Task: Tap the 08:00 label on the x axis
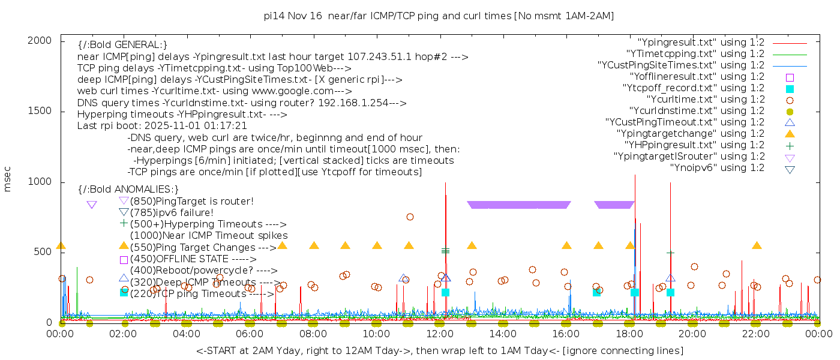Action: (313, 334)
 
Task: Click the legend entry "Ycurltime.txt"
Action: (705, 99)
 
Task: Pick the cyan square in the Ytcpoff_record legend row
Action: (790, 88)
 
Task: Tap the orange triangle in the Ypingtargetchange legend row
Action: (790, 134)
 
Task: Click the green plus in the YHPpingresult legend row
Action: (790, 145)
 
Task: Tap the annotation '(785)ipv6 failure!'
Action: (172, 212)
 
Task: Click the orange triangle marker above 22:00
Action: (757, 245)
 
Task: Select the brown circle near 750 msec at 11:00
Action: (410, 217)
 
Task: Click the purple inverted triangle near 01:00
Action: (92, 205)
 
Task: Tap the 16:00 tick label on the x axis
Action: (565, 334)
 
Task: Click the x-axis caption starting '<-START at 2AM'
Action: (439, 350)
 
